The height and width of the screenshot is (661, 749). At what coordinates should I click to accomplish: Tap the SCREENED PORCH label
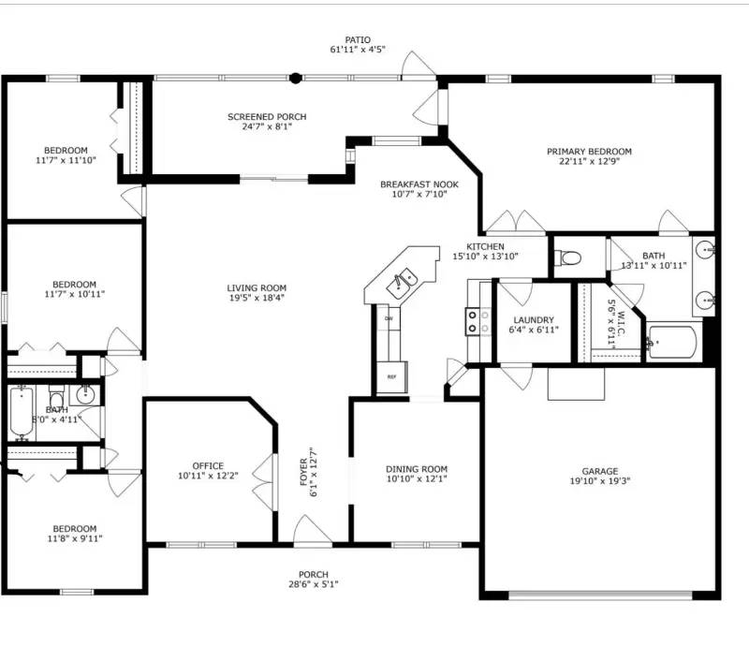[x=267, y=117]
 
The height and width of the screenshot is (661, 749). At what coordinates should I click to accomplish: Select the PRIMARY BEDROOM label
[x=589, y=151]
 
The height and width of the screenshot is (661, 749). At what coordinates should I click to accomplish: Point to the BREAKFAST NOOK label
[x=419, y=184]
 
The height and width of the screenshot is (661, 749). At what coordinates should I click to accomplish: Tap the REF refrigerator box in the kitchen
[x=390, y=376]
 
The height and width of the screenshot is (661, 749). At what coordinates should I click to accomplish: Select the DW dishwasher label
[x=389, y=318]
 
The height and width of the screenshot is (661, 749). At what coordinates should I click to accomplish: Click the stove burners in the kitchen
[x=477, y=322]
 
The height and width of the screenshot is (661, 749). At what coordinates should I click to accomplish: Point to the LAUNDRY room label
[x=534, y=319]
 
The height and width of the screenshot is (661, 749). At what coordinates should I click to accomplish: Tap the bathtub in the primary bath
[x=671, y=343]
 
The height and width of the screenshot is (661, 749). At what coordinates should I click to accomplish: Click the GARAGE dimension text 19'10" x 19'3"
[x=600, y=483]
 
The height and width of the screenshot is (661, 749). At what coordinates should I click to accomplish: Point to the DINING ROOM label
[x=417, y=469]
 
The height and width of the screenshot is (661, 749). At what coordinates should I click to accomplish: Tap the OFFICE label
[x=208, y=465]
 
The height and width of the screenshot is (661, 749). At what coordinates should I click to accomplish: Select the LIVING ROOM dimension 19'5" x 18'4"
[x=256, y=298]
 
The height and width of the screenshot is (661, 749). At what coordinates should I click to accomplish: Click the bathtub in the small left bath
[x=22, y=413]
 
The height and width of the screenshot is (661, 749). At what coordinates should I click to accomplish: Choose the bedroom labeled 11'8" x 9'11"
[x=74, y=533]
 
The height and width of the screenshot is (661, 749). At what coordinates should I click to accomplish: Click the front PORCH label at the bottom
[x=313, y=574]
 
